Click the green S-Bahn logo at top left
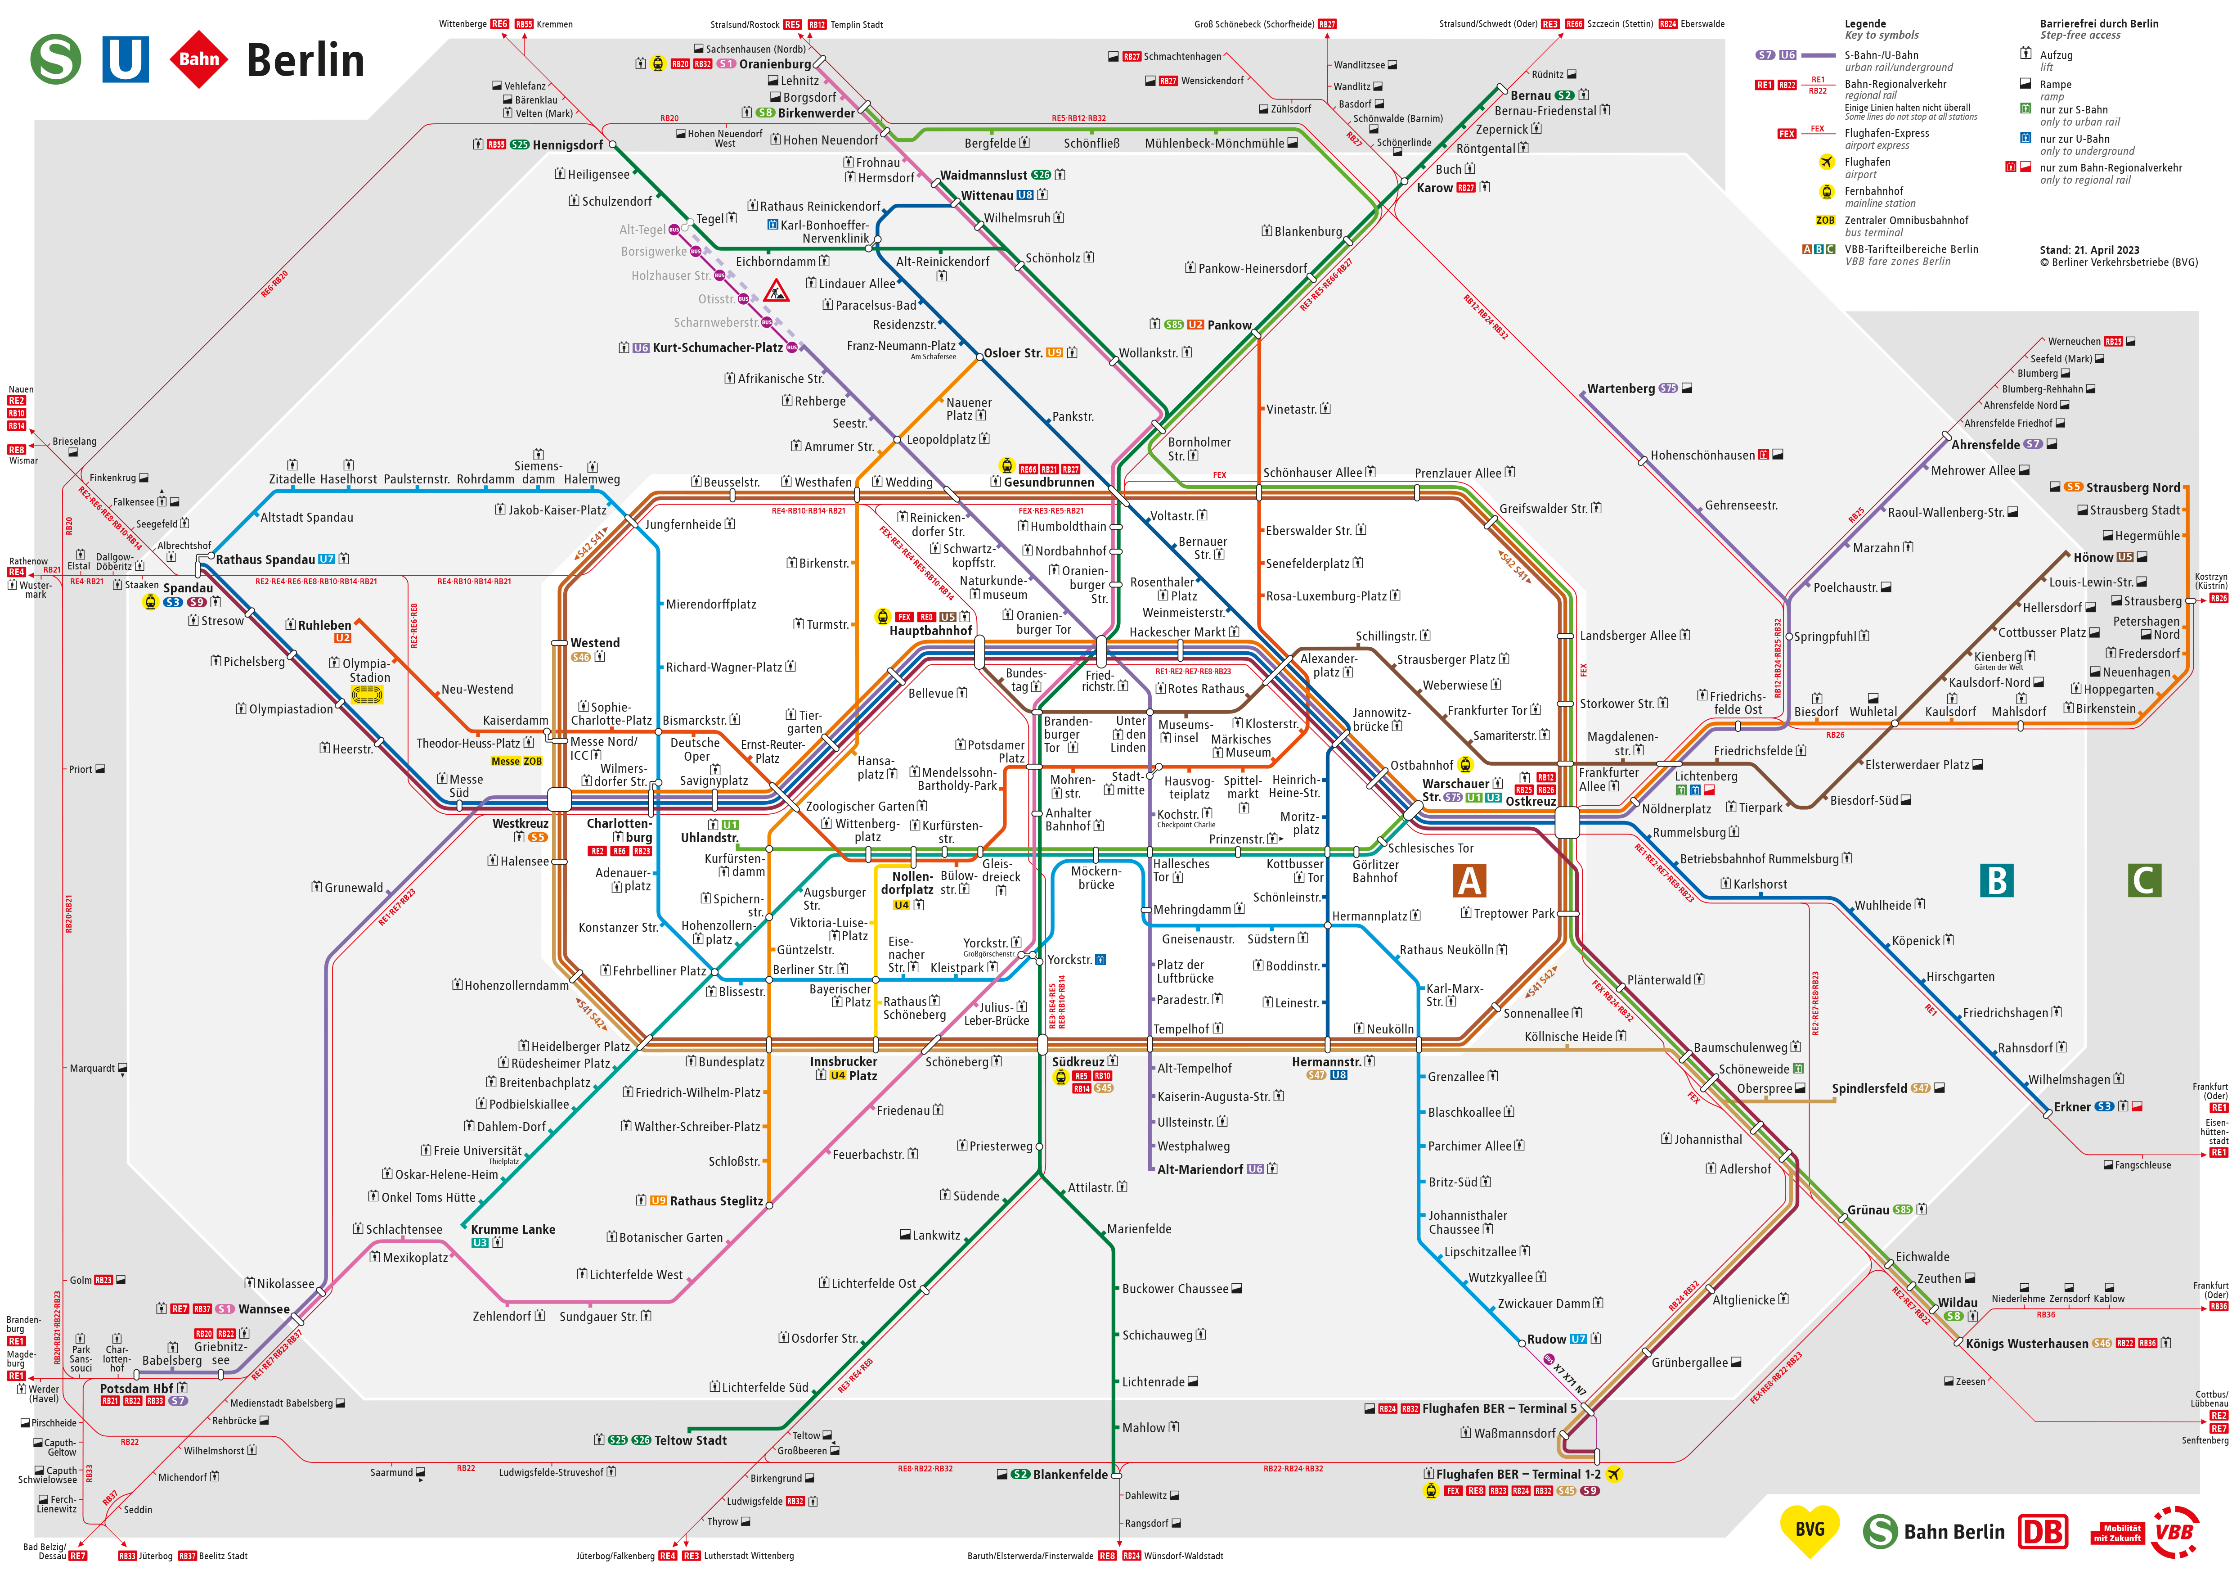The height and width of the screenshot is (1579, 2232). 55,59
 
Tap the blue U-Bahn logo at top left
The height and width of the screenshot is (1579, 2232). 126,59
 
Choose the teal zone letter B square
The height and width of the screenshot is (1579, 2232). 1997,881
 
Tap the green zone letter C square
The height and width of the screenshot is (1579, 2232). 2145,881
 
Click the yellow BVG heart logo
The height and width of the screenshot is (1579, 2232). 1809,1530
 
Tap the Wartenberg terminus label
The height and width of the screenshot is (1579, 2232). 1621,389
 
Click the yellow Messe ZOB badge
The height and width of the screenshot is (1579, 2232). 516,761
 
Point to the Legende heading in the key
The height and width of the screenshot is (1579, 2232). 1864,23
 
